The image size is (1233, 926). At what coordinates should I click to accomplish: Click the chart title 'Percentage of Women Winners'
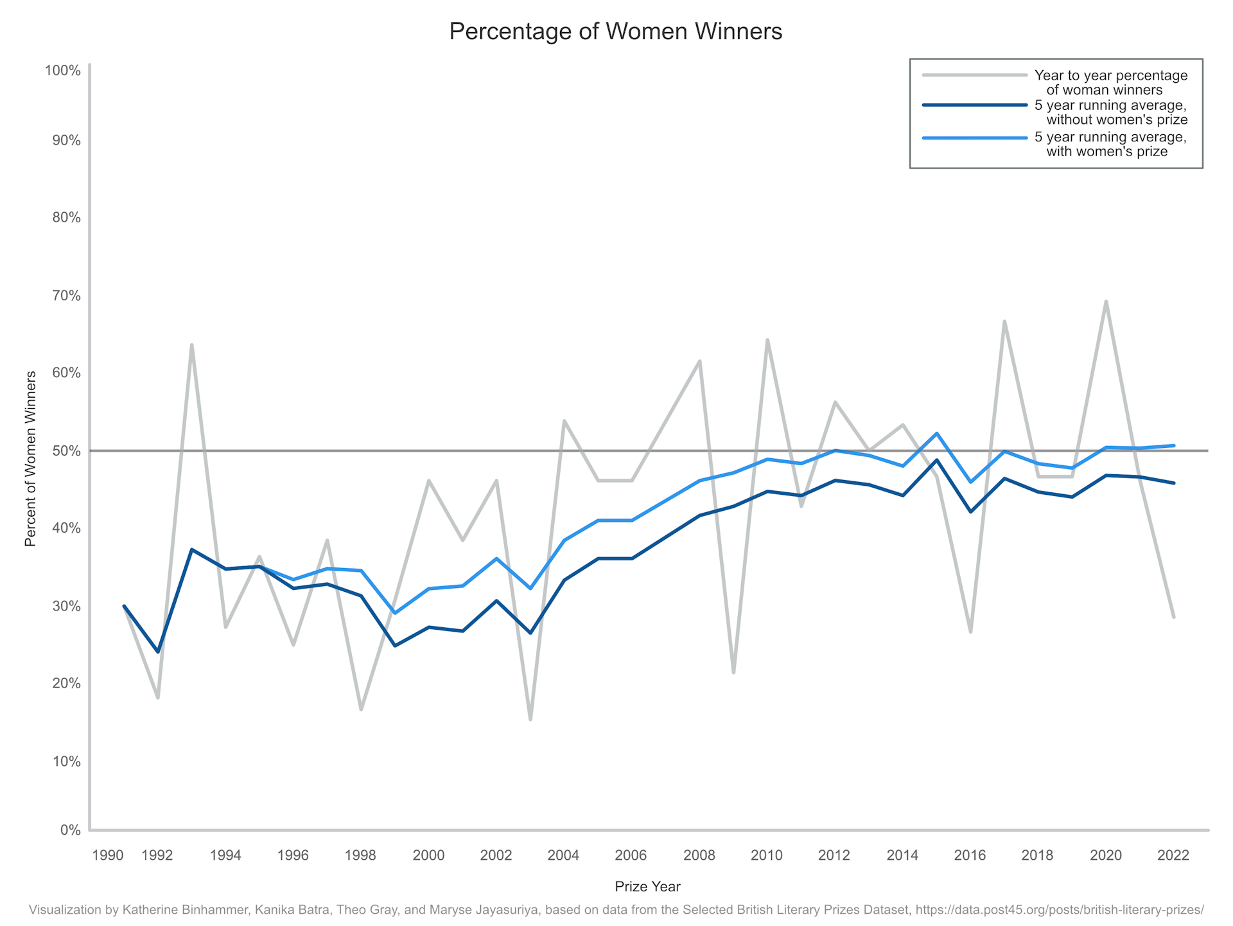pyautogui.click(x=615, y=31)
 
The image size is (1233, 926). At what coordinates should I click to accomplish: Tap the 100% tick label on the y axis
pyautogui.click(x=62, y=70)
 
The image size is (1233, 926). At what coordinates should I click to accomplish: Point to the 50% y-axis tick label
pyautogui.click(x=66, y=451)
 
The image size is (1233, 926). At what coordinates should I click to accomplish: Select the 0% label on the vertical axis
pyautogui.click(x=70, y=830)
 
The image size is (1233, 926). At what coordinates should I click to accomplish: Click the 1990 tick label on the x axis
pyautogui.click(x=107, y=855)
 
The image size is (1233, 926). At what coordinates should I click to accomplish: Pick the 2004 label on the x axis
pyautogui.click(x=563, y=855)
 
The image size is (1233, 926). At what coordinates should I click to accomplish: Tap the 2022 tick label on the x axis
pyautogui.click(x=1173, y=855)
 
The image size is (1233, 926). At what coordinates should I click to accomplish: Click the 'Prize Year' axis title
pyautogui.click(x=647, y=887)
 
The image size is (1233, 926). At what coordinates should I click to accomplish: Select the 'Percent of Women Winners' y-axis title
pyautogui.click(x=30, y=459)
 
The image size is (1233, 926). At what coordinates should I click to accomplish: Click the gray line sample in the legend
pyautogui.click(x=974, y=75)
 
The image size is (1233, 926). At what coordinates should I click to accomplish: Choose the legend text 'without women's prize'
pyautogui.click(x=1117, y=120)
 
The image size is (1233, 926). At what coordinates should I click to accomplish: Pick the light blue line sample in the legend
pyautogui.click(x=974, y=138)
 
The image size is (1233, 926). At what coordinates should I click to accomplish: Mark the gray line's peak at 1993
pyautogui.click(x=191, y=345)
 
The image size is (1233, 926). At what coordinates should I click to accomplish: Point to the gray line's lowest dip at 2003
pyautogui.click(x=530, y=719)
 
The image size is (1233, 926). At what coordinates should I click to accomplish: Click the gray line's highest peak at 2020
pyautogui.click(x=1106, y=301)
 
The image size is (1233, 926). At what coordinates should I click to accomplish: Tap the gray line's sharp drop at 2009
pyautogui.click(x=733, y=672)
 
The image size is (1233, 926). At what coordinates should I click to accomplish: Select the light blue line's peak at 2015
pyautogui.click(x=937, y=433)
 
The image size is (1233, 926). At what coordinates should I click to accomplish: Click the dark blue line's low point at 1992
pyautogui.click(x=158, y=652)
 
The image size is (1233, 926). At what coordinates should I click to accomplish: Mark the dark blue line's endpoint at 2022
pyautogui.click(x=1174, y=483)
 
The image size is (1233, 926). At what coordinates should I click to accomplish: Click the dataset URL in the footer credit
pyautogui.click(x=1059, y=910)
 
